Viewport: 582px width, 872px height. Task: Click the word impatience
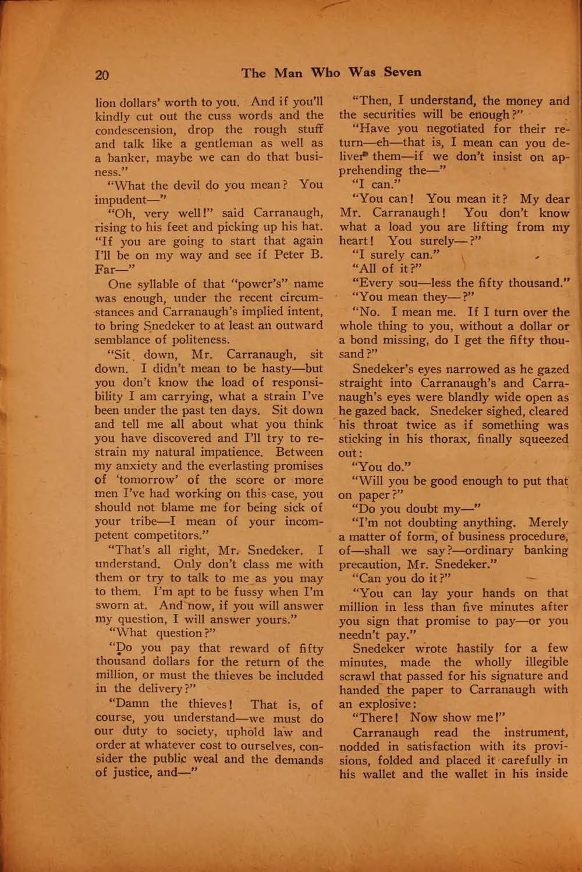click(x=233, y=452)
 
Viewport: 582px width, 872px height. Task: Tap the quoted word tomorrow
click(x=144, y=480)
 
